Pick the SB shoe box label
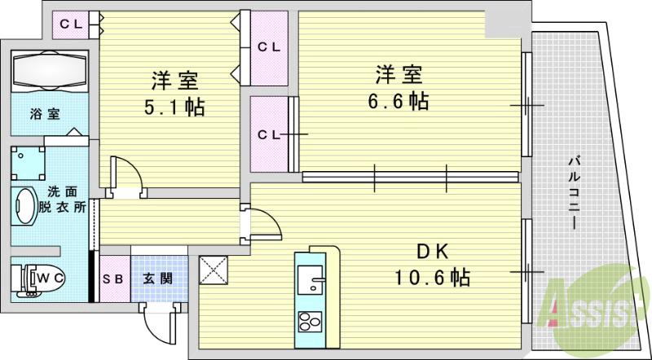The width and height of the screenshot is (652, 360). [x=114, y=279]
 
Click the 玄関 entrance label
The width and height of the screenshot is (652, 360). [x=158, y=279]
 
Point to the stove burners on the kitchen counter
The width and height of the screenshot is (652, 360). [x=311, y=322]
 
